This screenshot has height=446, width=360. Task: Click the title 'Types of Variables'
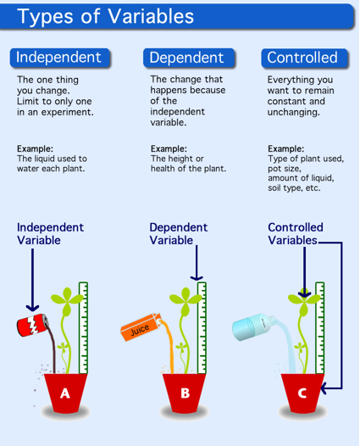pos(106,17)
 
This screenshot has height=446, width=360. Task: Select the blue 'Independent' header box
pos(59,58)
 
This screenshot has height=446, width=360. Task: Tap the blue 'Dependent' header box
pos(186,58)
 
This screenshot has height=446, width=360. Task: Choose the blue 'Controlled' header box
pos(302,58)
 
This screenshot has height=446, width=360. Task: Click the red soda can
pos(31,326)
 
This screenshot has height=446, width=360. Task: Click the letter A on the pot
pos(64,393)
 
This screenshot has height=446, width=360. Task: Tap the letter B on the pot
pos(185,393)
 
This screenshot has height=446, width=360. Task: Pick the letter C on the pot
pos(302,393)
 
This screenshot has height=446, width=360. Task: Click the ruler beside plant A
pos(83,326)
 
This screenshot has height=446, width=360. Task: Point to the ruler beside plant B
pos(202,326)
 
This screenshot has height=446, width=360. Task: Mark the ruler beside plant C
pos(319,326)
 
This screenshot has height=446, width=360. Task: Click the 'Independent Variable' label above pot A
pos(50,234)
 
